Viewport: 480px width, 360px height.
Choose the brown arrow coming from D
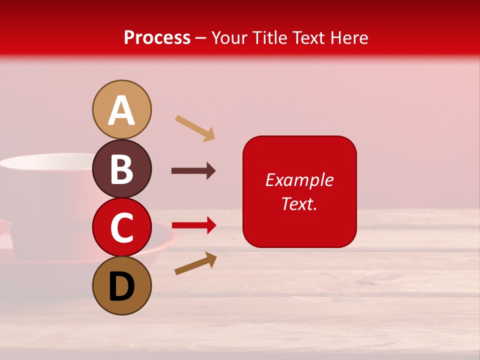[195, 263]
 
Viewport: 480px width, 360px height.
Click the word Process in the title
[157, 37]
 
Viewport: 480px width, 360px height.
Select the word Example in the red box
[299, 180]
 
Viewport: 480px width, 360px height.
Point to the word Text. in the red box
[299, 203]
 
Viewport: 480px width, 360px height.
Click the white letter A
[121, 111]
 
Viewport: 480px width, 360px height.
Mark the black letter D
[121, 287]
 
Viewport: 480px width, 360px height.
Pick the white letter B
[121, 169]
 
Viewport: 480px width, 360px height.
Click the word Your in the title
[230, 37]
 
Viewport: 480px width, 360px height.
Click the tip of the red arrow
[215, 225]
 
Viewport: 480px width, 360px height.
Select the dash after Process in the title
[200, 38]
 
